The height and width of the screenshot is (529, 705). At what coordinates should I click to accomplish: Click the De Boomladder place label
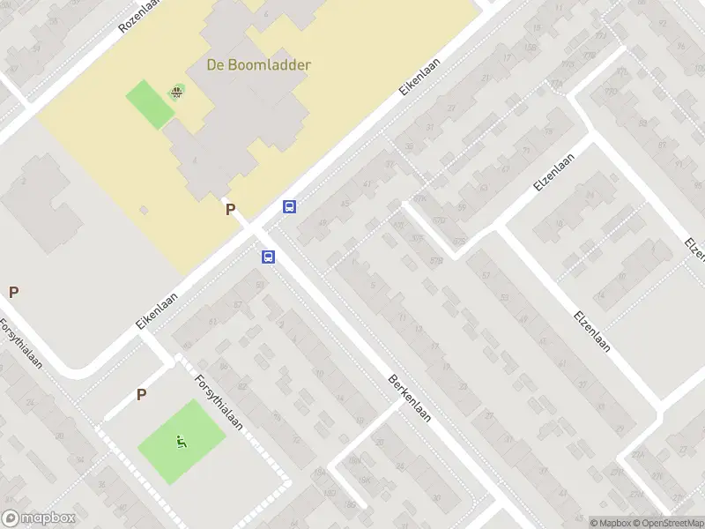coord(259,64)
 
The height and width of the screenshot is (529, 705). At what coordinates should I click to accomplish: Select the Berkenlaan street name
coord(409,398)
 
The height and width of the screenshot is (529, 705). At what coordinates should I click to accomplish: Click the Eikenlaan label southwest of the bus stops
coord(158,311)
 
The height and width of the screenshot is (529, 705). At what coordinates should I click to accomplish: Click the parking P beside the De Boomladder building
coord(231,210)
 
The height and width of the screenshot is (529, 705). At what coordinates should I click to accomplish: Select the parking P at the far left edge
coord(13,292)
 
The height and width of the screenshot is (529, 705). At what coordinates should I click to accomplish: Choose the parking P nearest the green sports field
coord(141,395)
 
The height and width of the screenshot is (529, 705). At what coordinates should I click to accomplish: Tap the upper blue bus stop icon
coord(289,207)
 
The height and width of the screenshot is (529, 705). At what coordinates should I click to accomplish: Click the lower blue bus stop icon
coord(268,257)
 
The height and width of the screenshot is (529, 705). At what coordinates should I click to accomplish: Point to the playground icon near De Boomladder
coord(178,92)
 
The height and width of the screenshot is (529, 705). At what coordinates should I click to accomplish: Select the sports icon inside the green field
coord(182,442)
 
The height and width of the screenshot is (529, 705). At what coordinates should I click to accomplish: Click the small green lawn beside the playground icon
coord(150,104)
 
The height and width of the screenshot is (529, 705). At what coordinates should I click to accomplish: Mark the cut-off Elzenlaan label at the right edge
coord(696,250)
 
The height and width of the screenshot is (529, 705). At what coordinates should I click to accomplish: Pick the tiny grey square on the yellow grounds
coord(144,209)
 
